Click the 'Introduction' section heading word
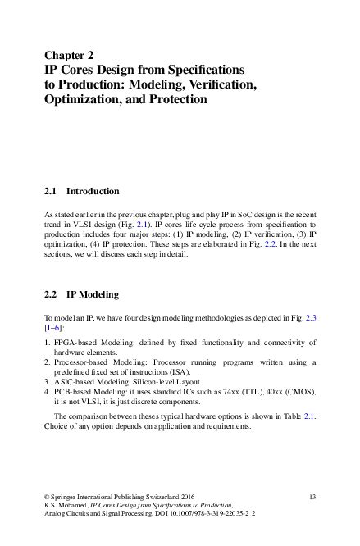click(x=93, y=191)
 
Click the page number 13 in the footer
click(x=312, y=498)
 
